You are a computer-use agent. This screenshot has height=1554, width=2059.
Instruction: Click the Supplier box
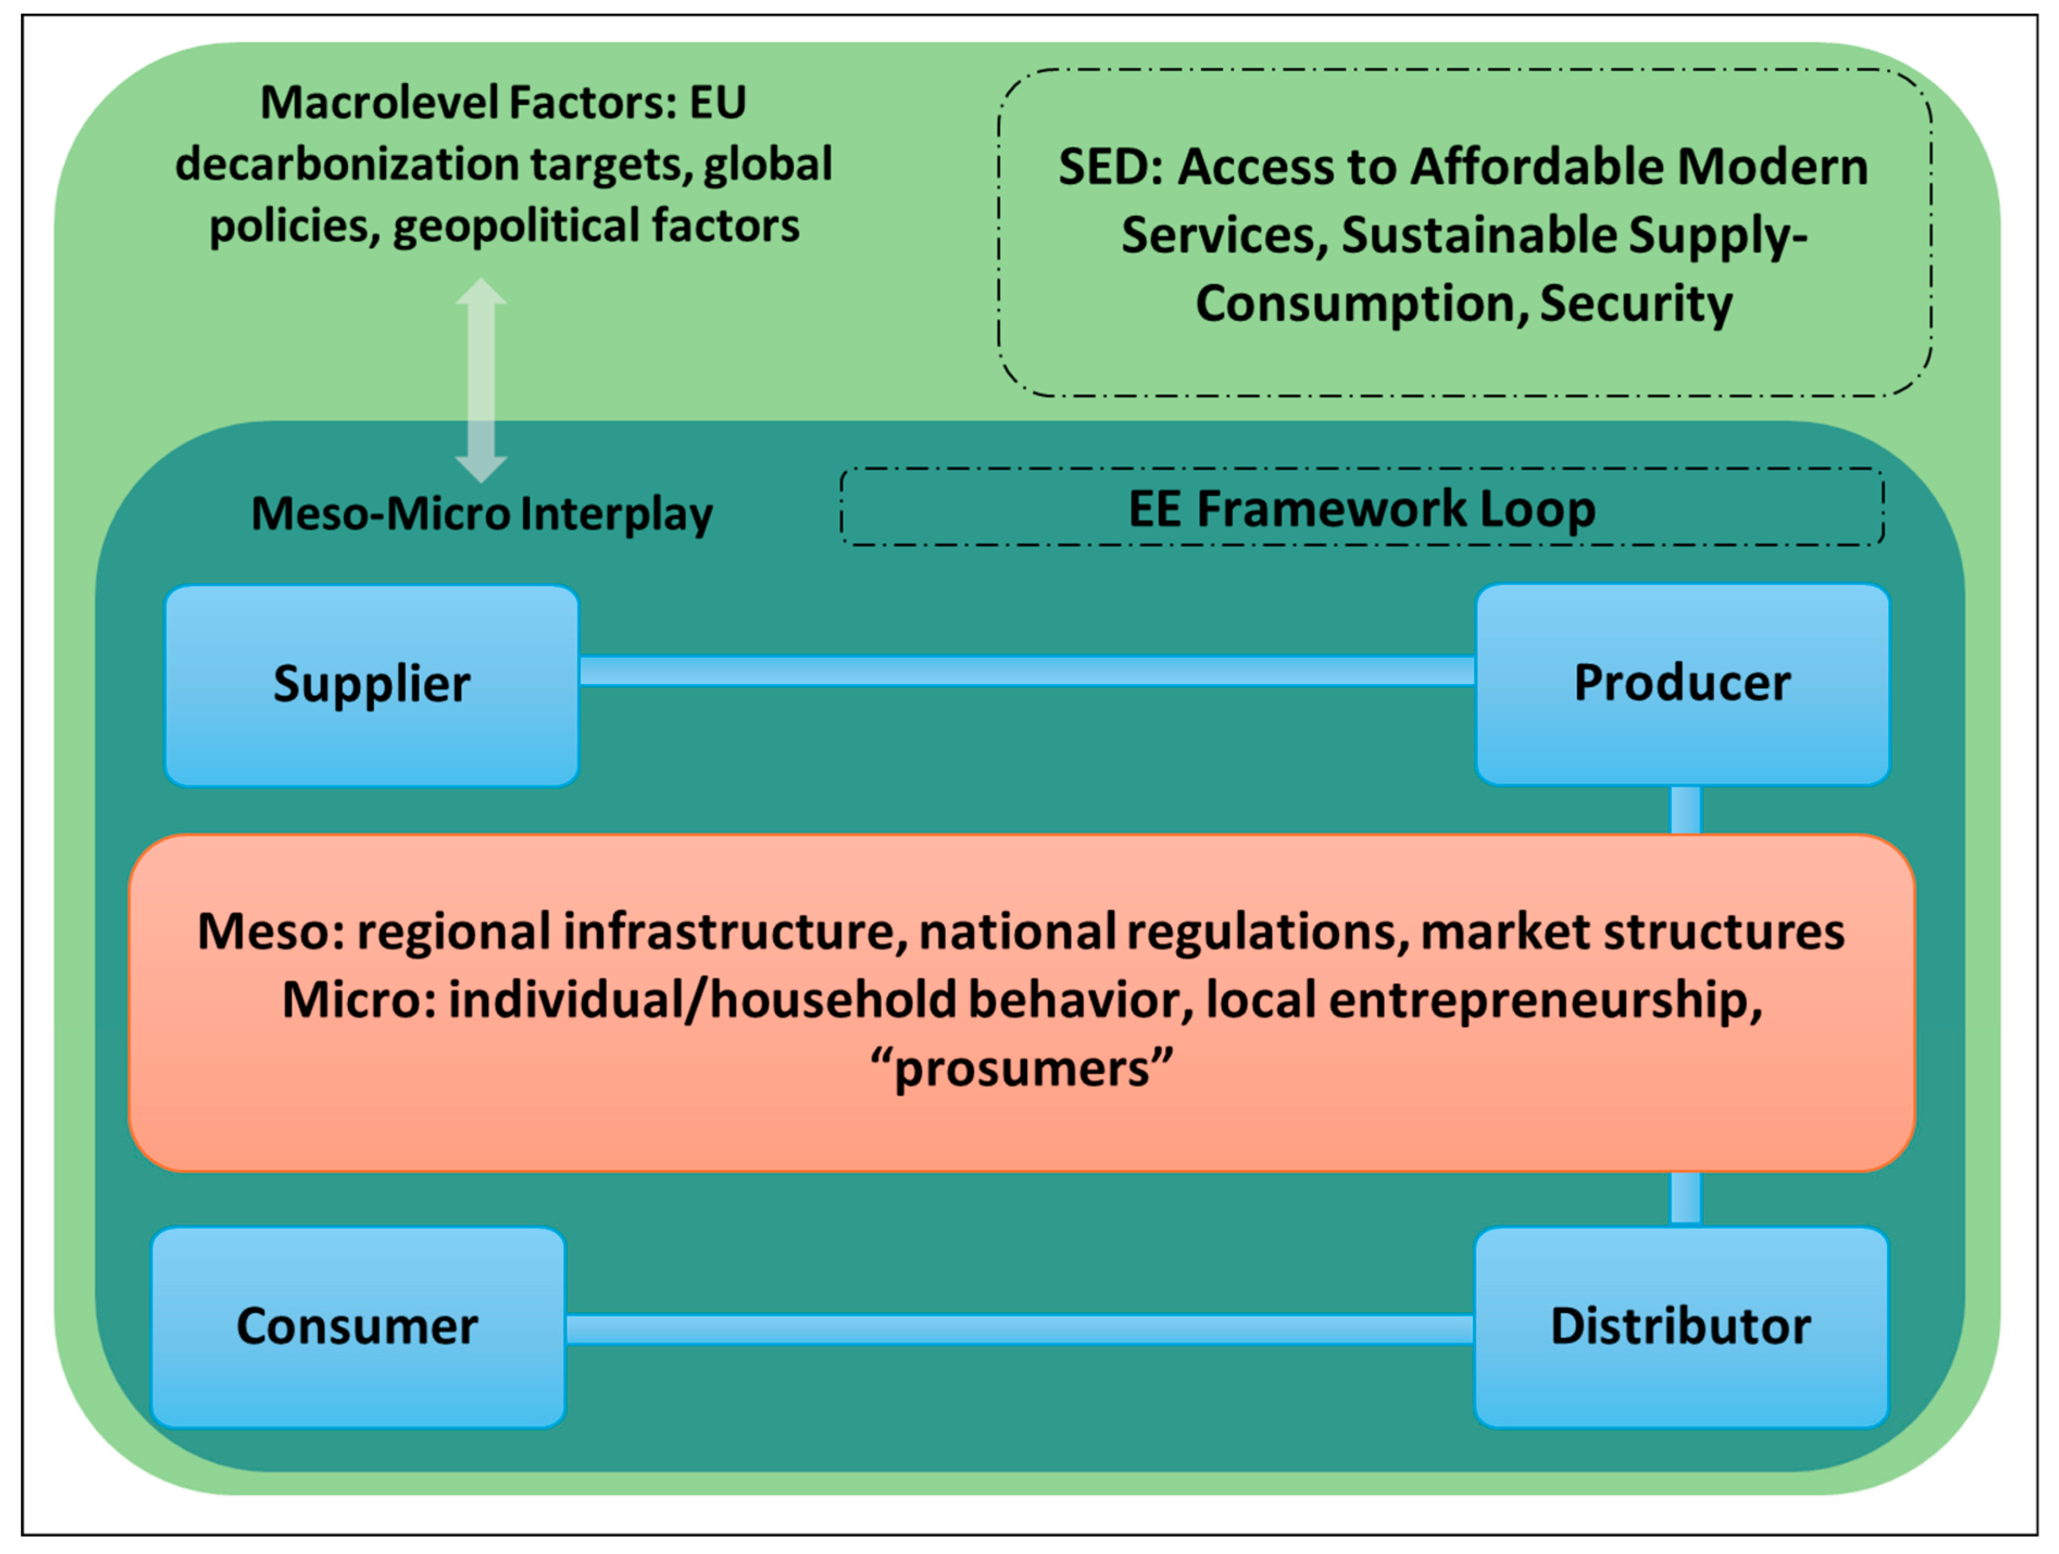pyautogui.click(x=372, y=685)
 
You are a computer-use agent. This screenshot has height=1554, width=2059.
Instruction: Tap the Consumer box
pyautogui.click(x=357, y=1327)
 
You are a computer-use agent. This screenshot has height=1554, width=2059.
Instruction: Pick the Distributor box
pyautogui.click(x=1681, y=1327)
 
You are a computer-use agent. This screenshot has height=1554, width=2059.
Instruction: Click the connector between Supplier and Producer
pyautogui.click(x=1027, y=670)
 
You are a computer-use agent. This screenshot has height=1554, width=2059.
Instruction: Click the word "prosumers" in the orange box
pyautogui.click(x=1021, y=1068)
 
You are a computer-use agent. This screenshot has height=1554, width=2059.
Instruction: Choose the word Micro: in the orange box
pyautogui.click(x=359, y=1000)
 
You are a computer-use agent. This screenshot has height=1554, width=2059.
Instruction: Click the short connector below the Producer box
pyautogui.click(x=1686, y=809)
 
